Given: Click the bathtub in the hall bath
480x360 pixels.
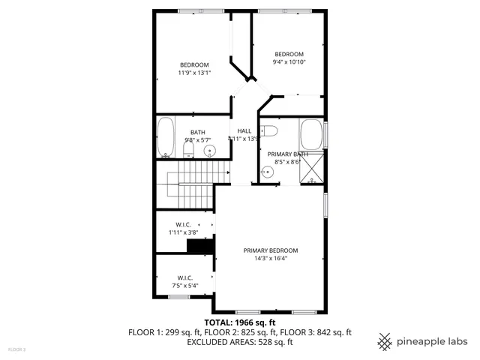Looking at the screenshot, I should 166,137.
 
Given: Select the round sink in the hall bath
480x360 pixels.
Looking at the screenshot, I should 209,151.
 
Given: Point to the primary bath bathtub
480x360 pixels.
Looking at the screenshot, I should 311,135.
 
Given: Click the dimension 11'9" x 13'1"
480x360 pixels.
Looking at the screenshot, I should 194,73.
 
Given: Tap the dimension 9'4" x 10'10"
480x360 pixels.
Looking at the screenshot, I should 289,62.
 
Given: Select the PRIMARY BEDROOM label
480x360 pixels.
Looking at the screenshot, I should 271,250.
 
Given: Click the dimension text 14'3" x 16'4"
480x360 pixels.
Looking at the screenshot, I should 271,259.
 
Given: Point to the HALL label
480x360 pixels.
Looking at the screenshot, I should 244,130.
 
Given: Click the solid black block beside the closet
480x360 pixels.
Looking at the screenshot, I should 200,247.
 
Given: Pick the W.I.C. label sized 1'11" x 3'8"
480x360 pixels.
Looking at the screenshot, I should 184,225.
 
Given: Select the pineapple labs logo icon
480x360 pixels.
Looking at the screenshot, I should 385,341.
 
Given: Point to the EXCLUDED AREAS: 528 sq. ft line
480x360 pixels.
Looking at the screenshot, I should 239,341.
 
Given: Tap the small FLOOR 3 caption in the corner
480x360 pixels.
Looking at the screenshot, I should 16,349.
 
